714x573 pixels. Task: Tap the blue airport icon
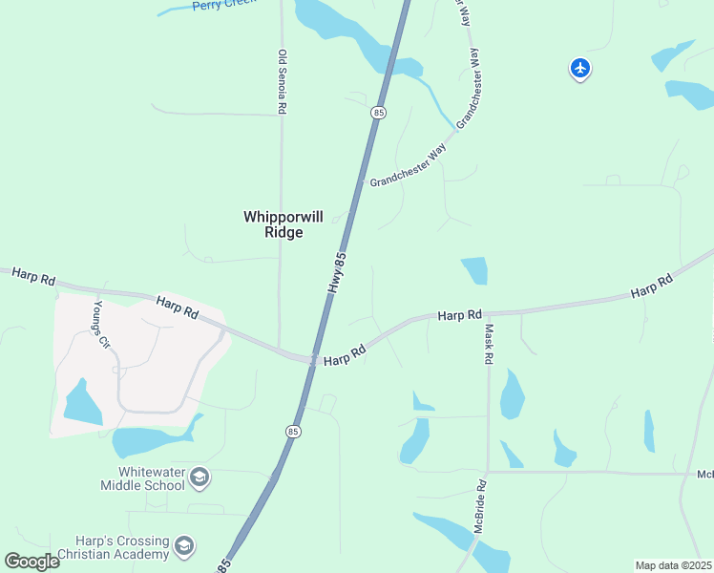[580, 68]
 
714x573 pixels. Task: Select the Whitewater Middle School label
[142, 478]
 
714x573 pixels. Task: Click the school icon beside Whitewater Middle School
[199, 477]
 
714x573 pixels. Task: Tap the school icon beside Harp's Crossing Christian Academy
[184, 546]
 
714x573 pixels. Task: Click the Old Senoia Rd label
[283, 83]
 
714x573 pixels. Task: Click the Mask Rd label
[489, 343]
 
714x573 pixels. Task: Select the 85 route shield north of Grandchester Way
[379, 113]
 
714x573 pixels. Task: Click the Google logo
[31, 562]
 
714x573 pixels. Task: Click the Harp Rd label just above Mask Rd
[460, 314]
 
